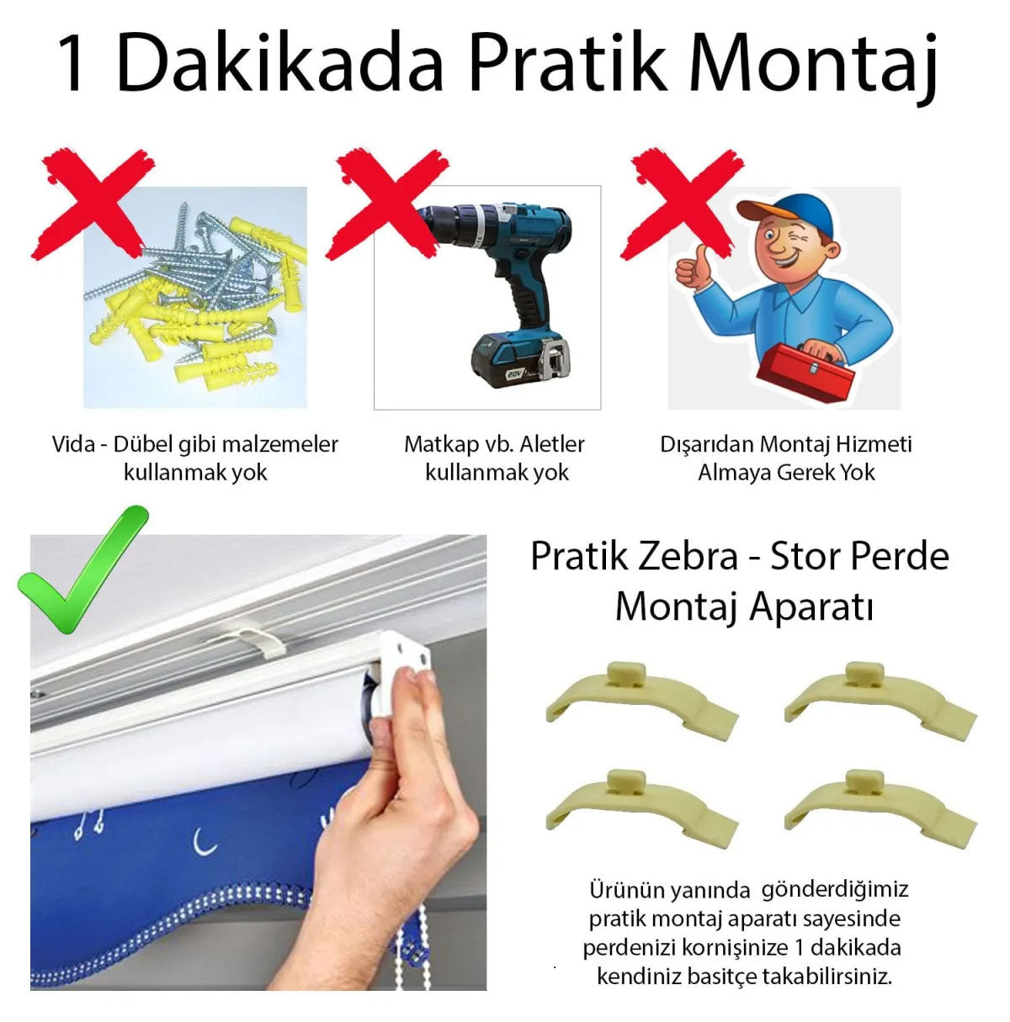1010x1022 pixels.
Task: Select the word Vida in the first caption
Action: (x=74, y=444)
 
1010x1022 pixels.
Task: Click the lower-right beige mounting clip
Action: (x=880, y=803)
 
